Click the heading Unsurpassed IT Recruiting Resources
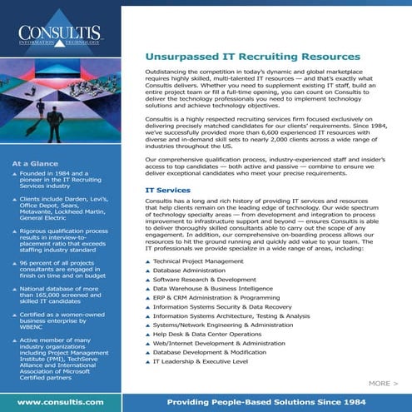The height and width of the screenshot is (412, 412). (x=253, y=57)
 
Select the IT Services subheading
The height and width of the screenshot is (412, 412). (x=166, y=191)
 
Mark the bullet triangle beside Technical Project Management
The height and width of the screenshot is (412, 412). (x=147, y=285)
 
